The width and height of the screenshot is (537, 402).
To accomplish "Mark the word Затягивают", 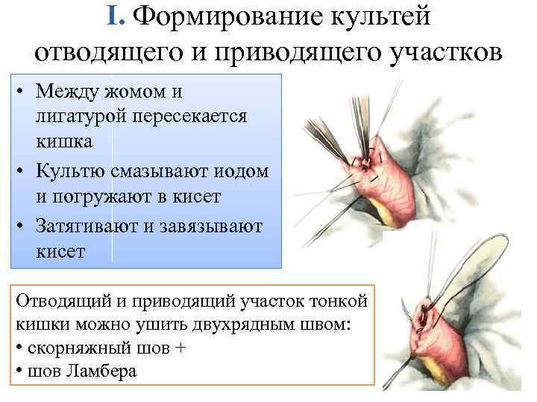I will coord(92,227).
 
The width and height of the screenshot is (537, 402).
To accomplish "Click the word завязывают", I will coord(212,227).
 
